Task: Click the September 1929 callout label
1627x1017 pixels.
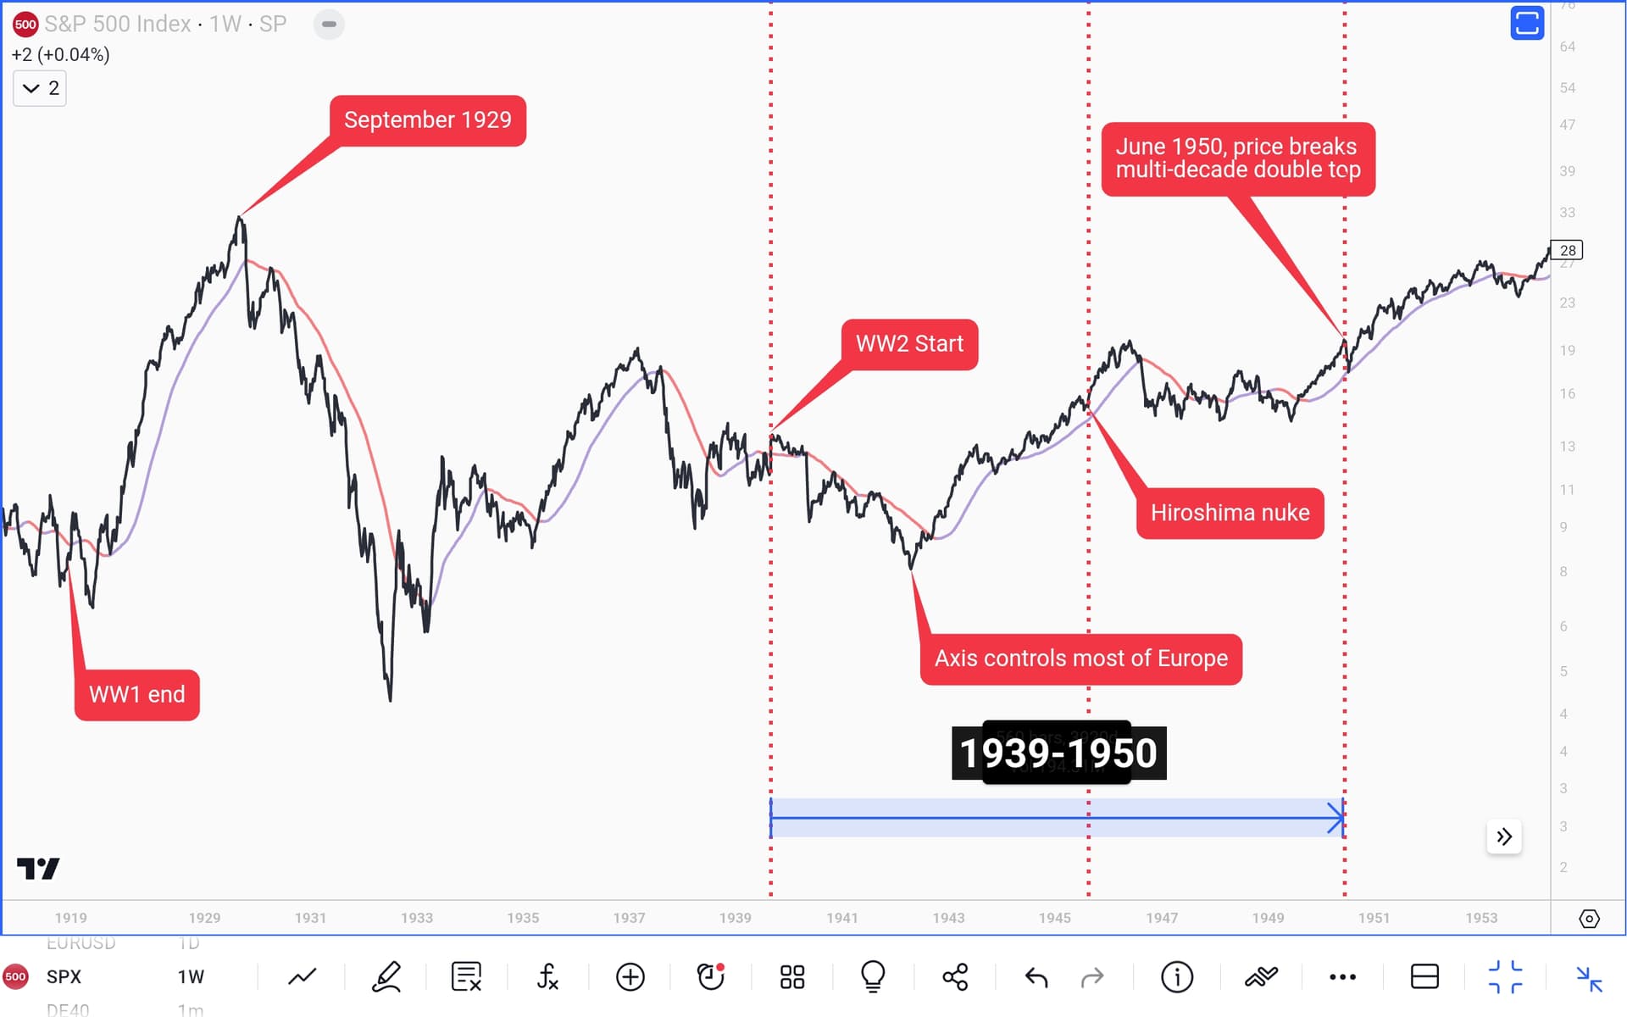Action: tap(427, 120)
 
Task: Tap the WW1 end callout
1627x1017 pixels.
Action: tap(137, 695)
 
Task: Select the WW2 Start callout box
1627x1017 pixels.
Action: tap(909, 344)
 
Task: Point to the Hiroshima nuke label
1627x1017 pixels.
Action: tap(1230, 513)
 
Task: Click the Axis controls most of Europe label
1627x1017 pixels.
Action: tap(1080, 659)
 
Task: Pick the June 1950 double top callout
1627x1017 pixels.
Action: tap(1237, 158)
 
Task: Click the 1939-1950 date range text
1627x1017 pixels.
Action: tap(1058, 753)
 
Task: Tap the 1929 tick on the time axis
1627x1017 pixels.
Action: tap(204, 918)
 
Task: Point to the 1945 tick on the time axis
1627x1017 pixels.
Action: tap(1054, 918)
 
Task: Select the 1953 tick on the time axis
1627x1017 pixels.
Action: tap(1480, 918)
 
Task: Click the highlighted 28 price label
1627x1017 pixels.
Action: tap(1568, 250)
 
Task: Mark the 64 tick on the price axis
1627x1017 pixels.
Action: tap(1568, 47)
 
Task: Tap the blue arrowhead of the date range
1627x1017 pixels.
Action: tap(1337, 818)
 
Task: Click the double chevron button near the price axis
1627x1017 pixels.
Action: tap(1504, 837)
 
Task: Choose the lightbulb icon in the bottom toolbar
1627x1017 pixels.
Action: tap(873, 977)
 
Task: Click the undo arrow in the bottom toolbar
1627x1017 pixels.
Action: tap(1036, 977)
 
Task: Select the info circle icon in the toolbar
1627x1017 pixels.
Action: tap(1176, 977)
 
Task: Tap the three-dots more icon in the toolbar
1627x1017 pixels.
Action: tap(1342, 977)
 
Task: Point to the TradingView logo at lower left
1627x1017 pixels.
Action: tap(38, 869)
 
